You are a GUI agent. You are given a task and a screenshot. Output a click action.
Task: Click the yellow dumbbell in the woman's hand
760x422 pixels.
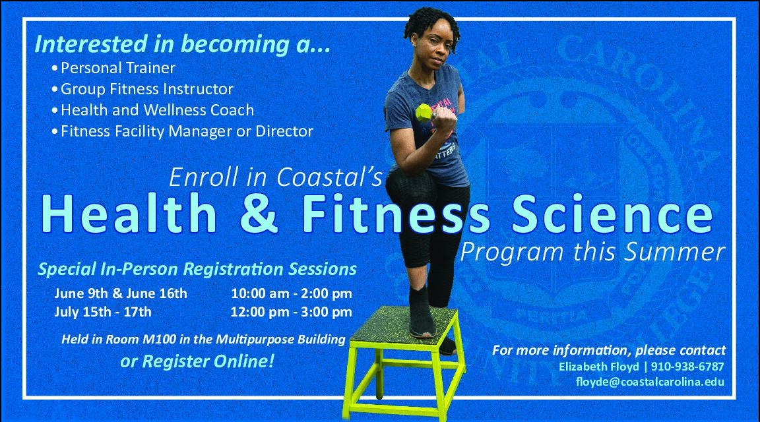425,112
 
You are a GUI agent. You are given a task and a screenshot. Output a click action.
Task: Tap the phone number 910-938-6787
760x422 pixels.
687,367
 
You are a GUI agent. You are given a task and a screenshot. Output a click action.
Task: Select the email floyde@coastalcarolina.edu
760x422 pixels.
650,382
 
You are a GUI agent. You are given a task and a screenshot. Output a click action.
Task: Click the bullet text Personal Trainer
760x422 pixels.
118,68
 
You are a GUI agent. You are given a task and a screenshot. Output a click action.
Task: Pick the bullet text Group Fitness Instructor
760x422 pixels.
147,89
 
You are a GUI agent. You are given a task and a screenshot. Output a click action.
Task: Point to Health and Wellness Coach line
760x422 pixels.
157,110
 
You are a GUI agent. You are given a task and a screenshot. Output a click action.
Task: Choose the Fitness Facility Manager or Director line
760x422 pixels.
187,131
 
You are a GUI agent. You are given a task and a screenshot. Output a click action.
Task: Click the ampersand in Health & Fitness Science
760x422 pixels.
259,214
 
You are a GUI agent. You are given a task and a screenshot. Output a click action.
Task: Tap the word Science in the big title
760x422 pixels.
612,214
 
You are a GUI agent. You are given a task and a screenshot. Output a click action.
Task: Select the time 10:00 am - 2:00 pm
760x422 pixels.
292,293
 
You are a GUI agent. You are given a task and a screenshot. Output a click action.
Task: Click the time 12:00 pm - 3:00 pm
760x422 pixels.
292,312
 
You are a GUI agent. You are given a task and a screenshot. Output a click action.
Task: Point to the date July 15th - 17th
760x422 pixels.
103,311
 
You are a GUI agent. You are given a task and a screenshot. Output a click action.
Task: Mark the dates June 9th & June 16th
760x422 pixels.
121,293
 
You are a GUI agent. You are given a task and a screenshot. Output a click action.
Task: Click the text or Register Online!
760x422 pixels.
197,361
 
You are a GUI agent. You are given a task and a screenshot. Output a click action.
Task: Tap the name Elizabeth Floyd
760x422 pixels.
598,367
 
